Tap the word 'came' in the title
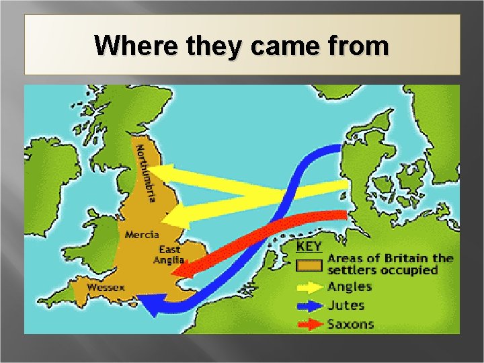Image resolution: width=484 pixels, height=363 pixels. tap(275, 46)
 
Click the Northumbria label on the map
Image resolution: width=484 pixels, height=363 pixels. tap(147, 173)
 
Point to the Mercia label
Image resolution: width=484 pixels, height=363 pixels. tap(142, 235)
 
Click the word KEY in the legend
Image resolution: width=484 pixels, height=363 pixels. tap(309, 247)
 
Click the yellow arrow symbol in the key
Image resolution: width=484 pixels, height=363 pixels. tap(309, 287)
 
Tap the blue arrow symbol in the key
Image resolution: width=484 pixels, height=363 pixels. tap(309, 305)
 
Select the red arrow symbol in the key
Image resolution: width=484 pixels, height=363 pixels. tap(309, 324)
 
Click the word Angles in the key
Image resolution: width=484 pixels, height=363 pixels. tap(350, 287)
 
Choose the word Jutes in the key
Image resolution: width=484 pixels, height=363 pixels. tap(346, 305)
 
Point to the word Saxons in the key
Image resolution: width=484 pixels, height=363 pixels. tap(350, 324)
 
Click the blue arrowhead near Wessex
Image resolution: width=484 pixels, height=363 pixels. tap(149, 307)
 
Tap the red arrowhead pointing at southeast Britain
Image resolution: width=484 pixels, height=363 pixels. tap(179, 271)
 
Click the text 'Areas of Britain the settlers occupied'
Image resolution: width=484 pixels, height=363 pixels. tap(390, 264)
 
